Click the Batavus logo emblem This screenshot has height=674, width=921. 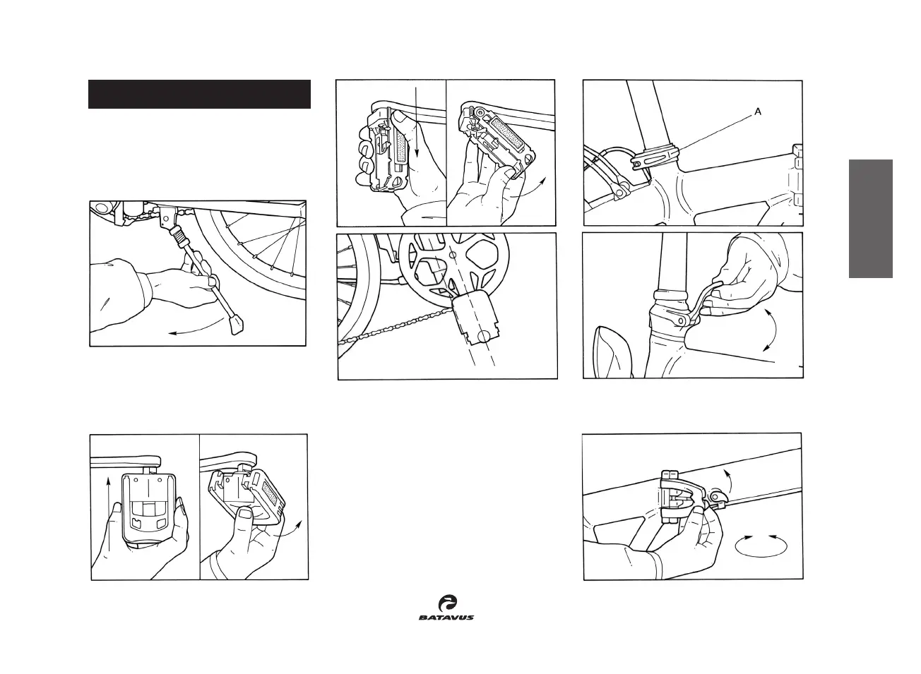[446, 603]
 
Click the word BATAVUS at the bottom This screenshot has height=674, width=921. [446, 618]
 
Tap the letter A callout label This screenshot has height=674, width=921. [758, 112]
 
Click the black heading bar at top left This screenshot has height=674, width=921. [199, 95]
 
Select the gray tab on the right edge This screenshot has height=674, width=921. [871, 219]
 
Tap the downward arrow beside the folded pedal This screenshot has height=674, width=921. [417, 124]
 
